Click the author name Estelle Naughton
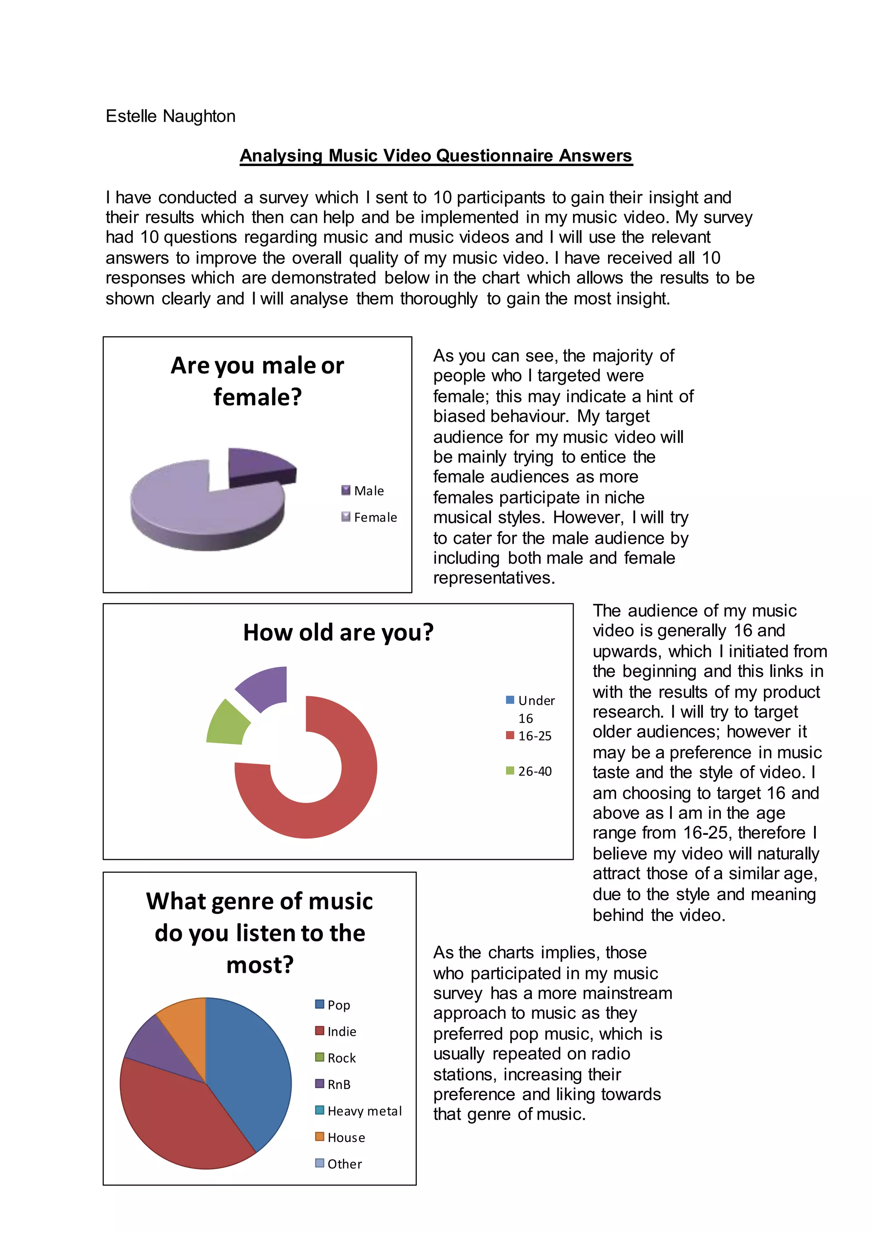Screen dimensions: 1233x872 click(x=170, y=116)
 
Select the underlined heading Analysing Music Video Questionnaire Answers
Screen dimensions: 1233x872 click(x=436, y=155)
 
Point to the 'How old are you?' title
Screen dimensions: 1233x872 click(x=338, y=633)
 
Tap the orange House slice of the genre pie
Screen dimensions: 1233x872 click(x=186, y=1026)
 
